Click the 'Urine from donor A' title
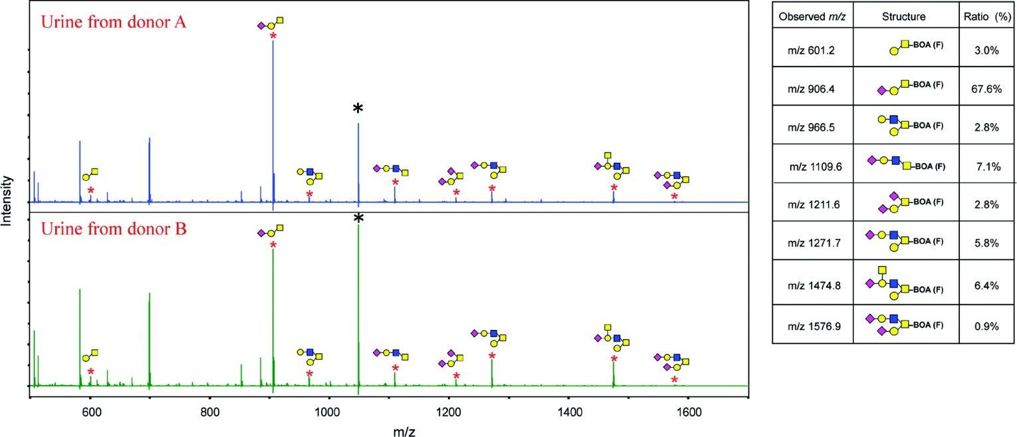click(x=114, y=21)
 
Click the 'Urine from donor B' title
click(x=114, y=230)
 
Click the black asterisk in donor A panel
click(x=358, y=108)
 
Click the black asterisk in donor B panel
click(x=358, y=219)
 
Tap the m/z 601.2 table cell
click(x=812, y=49)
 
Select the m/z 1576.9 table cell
click(x=812, y=327)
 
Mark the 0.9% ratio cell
click(x=988, y=327)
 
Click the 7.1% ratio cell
click(x=988, y=166)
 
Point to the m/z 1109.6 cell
click(x=812, y=166)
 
